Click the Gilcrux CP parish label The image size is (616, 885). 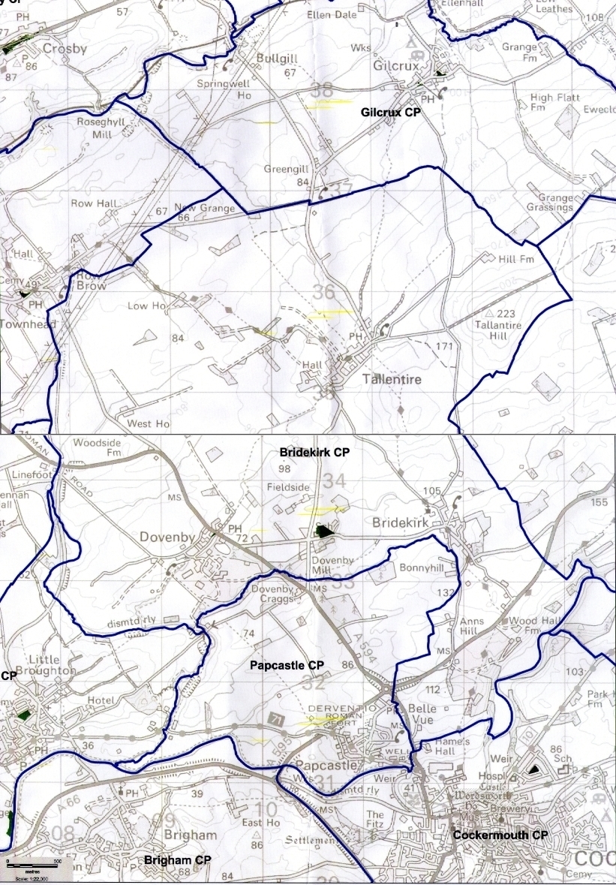[x=391, y=112]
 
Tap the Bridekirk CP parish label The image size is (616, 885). [x=315, y=453]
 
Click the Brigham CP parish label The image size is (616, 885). [x=177, y=859]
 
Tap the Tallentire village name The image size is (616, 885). [x=392, y=380]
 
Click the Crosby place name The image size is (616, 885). [x=65, y=50]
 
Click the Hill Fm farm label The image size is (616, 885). [x=516, y=259]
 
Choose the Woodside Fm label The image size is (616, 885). [x=97, y=448]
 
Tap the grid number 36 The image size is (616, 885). [x=323, y=292]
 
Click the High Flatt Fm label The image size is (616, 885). [x=551, y=102]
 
